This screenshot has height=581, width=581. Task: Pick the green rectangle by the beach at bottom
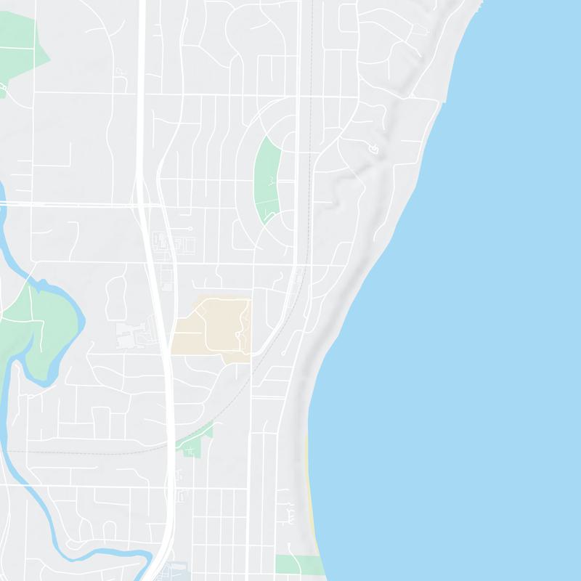click(298, 564)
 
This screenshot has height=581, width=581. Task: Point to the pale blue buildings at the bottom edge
click(174, 572)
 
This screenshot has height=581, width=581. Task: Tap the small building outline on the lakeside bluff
click(373, 150)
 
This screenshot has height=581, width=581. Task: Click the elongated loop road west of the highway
click(116, 298)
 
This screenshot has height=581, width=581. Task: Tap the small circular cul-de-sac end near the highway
click(190, 229)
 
